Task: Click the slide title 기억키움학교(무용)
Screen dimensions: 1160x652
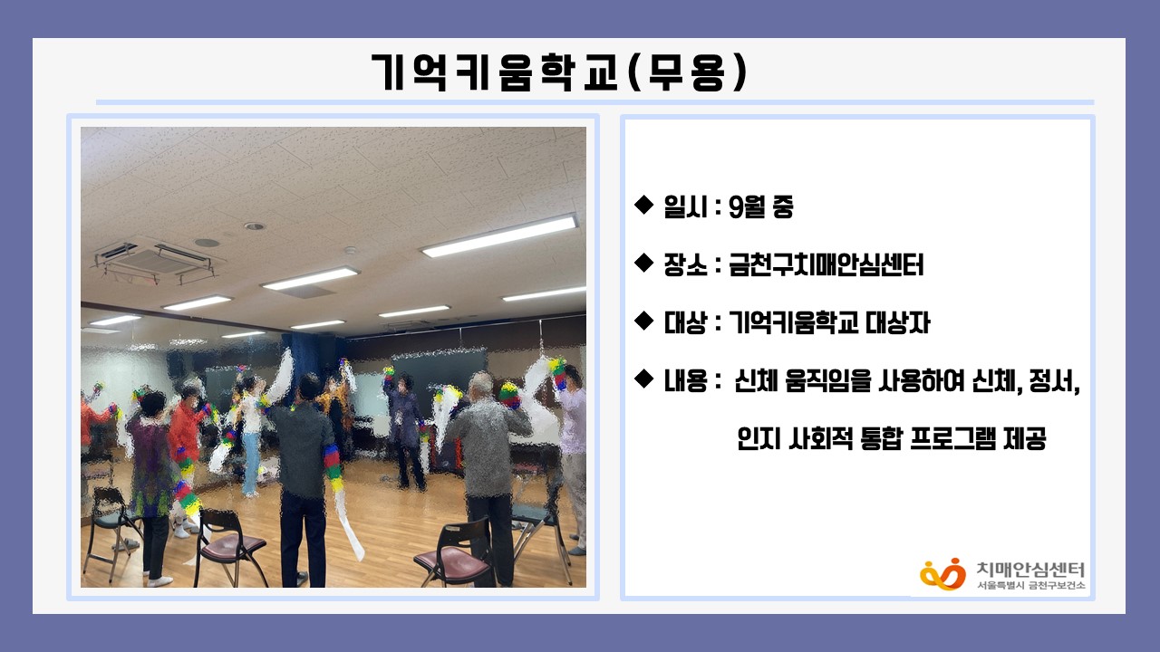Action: (559, 72)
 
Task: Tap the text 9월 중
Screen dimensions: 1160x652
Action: (760, 207)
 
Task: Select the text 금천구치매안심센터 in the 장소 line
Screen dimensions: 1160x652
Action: (826, 265)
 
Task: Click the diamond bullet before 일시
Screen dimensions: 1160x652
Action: (643, 205)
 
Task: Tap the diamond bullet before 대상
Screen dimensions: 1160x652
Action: (643, 321)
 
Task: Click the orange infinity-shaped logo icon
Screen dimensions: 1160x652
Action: (942, 574)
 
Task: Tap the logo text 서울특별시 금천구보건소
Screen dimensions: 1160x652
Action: (1030, 585)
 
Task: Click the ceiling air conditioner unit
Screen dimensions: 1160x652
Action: (154, 262)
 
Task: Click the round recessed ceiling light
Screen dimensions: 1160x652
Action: (255, 226)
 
